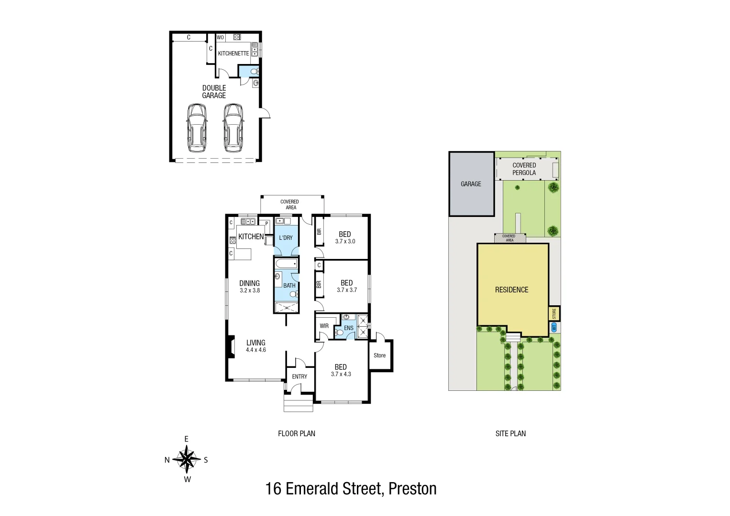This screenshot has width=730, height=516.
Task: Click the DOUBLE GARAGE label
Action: pos(214,92)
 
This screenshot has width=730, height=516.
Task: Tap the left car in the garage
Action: pos(197,128)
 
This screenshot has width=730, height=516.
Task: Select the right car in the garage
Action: pos(233,128)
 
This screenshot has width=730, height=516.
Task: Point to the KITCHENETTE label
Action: pos(233,54)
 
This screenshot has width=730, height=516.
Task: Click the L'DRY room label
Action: pos(286,238)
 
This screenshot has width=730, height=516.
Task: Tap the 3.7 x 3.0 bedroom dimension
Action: pos(345,242)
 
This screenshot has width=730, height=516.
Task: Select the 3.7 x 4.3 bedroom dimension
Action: pos(341,374)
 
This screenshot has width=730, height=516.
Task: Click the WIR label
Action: pos(324,326)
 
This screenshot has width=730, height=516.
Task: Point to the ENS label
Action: pos(349,328)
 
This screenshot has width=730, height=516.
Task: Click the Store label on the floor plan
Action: pos(379,355)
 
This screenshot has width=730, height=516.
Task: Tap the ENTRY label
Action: pos(299,377)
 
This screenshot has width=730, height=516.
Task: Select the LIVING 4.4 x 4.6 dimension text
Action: pos(255,350)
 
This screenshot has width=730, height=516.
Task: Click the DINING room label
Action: pos(249,283)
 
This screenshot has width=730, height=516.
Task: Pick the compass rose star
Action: pos(187,459)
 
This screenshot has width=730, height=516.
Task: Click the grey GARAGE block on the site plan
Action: pos(471,184)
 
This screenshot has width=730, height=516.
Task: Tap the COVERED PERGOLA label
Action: pos(524,169)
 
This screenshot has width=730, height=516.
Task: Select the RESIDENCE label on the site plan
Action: pos(511,290)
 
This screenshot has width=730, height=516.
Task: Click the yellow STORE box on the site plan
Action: pos(554,314)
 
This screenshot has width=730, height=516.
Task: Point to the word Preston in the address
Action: pos(412,489)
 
